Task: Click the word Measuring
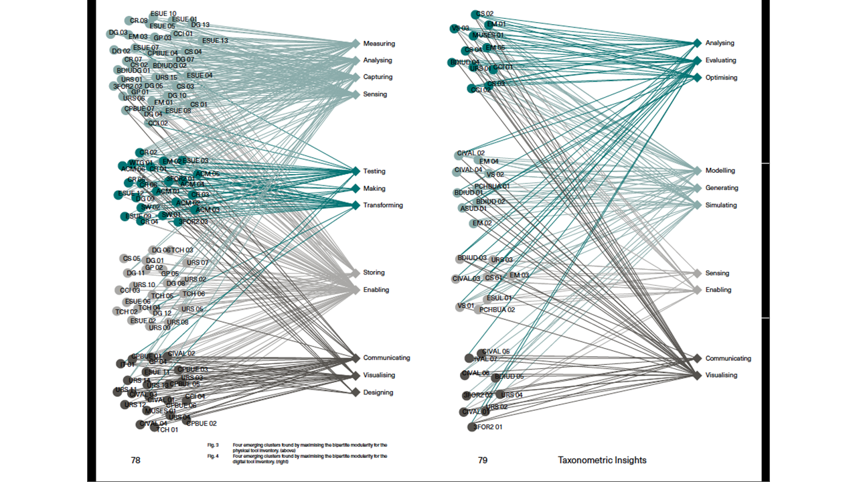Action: pos(379,44)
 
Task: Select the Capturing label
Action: pos(378,78)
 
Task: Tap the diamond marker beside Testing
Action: pos(356,171)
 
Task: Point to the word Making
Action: pos(374,189)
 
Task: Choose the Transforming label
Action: pos(383,206)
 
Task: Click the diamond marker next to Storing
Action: pos(356,273)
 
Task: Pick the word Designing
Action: pos(378,392)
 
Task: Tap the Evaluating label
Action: pos(720,60)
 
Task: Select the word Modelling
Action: pos(720,171)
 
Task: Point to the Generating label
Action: pos(722,188)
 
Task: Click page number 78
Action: pos(135,461)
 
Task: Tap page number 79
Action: pos(483,461)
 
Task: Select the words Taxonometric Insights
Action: pos(602,461)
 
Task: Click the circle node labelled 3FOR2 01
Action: pos(471,427)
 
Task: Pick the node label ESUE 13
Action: pos(215,41)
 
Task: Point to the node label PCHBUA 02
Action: pos(497,310)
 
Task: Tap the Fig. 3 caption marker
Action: pos(213,445)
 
